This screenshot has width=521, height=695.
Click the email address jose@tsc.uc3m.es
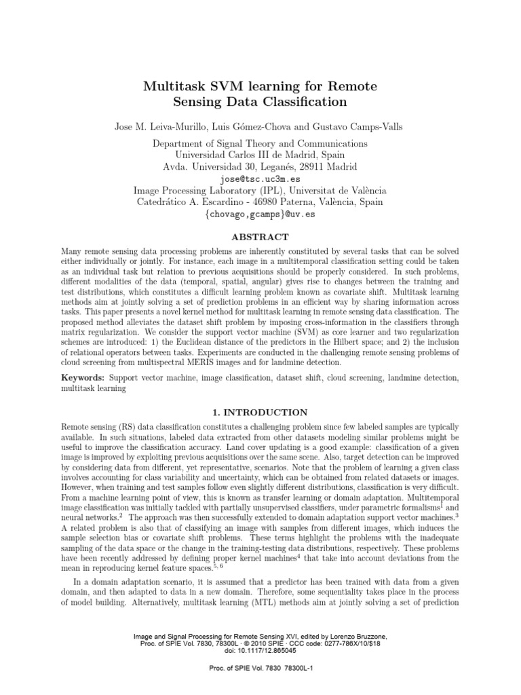point(260,179)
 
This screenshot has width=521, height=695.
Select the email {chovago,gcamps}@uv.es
point(260,213)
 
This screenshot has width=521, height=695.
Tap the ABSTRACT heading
point(260,237)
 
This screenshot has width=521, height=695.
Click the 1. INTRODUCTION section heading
point(260,412)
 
